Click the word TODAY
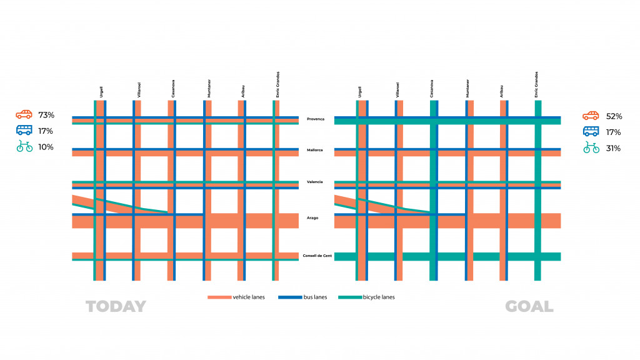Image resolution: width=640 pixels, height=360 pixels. click(x=116, y=306)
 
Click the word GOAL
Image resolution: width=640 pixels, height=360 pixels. click(x=529, y=306)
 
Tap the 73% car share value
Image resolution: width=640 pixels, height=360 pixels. click(x=46, y=115)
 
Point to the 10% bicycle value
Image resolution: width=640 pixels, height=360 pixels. click(x=46, y=147)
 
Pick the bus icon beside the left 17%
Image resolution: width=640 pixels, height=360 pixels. click(x=24, y=131)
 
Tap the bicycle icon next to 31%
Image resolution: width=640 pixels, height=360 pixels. click(x=591, y=147)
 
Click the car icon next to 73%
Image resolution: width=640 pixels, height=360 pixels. click(x=24, y=114)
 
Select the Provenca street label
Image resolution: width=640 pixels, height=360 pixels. click(x=315, y=119)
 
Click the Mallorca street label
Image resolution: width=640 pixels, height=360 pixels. click(x=315, y=150)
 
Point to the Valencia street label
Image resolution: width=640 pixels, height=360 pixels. click(x=315, y=182)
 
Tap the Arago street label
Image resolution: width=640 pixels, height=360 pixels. click(x=312, y=217)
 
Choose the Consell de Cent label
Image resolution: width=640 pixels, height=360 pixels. click(x=316, y=256)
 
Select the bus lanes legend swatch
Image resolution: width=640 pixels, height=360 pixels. click(x=290, y=297)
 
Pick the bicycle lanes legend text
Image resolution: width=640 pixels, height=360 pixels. click(x=378, y=297)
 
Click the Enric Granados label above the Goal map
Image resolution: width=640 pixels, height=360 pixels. click(x=536, y=84)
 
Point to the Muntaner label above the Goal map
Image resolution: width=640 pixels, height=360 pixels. click(x=467, y=89)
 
